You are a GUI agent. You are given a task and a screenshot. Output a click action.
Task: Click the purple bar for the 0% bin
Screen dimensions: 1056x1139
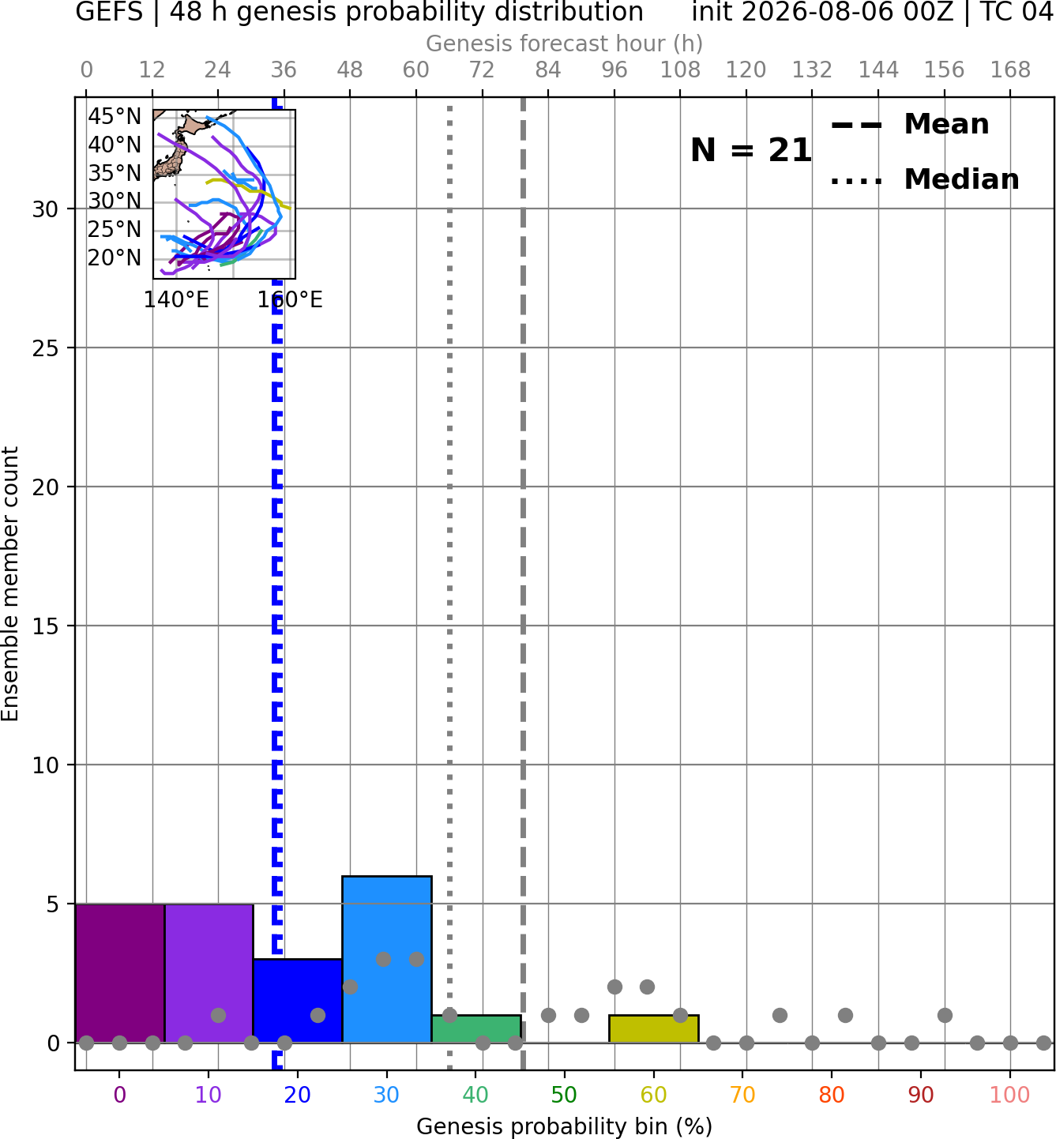click(x=120, y=972)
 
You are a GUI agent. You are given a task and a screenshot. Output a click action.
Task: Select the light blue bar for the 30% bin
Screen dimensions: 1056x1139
click(x=387, y=959)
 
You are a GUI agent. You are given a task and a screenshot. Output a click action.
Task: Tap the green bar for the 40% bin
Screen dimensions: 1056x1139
click(x=476, y=1028)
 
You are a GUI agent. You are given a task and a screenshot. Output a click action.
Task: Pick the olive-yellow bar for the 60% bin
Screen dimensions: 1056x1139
click(x=654, y=1028)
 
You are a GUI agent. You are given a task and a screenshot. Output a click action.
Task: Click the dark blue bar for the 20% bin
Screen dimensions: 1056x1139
click(x=298, y=1000)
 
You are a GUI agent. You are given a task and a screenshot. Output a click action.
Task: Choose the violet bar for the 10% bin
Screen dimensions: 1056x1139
click(x=209, y=972)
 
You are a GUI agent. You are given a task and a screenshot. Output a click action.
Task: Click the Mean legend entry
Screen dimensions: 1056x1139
click(x=911, y=124)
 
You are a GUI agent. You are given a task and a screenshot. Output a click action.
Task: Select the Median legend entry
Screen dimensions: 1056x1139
click(x=925, y=179)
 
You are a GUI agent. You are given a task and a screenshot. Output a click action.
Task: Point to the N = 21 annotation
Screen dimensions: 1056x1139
click(x=751, y=150)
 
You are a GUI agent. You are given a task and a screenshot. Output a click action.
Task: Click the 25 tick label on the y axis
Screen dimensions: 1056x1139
click(x=45, y=348)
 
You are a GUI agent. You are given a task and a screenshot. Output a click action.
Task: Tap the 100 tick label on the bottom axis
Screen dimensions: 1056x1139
click(x=1009, y=1095)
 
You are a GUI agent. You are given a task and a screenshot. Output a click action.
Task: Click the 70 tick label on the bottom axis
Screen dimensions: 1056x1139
click(x=742, y=1095)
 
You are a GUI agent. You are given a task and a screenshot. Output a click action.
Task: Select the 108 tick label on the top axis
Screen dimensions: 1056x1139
click(x=680, y=70)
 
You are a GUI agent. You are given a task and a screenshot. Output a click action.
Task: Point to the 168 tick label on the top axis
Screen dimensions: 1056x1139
click(x=1010, y=70)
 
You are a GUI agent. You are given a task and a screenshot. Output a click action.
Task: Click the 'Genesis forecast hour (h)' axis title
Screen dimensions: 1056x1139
click(x=565, y=43)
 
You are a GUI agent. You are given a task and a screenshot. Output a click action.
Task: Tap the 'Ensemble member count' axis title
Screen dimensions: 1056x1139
click(x=9, y=584)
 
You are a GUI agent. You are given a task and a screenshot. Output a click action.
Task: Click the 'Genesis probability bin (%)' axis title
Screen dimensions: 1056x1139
click(x=565, y=1126)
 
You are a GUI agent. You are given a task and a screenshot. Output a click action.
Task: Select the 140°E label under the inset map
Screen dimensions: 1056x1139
click(x=176, y=299)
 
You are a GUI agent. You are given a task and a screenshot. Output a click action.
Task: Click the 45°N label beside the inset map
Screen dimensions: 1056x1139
click(x=115, y=116)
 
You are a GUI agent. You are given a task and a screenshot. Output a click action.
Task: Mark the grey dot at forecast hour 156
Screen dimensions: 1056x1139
click(x=945, y=1015)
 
